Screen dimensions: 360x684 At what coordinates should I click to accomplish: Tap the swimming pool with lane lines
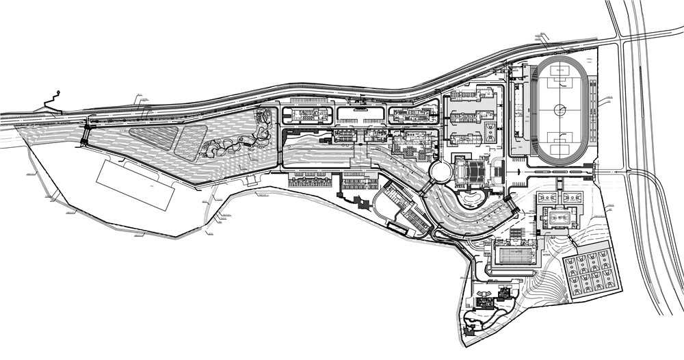pyautogui.click(x=514, y=256)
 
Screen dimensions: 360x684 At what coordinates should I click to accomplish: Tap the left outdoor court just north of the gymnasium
pyautogui.click(x=545, y=198)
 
